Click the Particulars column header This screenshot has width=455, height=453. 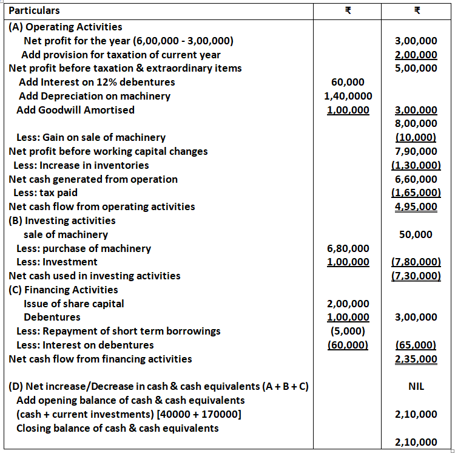point(34,11)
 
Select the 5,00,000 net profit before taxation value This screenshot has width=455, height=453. point(416,68)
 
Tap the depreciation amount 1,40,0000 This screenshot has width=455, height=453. point(348,96)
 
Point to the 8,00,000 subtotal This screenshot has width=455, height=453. point(416,124)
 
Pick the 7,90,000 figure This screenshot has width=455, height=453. point(416,151)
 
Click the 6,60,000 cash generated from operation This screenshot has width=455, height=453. point(416,179)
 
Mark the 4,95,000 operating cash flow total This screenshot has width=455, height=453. point(416,206)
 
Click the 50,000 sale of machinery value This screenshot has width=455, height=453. point(416,234)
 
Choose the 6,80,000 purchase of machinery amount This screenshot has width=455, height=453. point(348,248)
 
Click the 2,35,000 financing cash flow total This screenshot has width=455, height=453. point(416,359)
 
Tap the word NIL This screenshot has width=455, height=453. point(416,387)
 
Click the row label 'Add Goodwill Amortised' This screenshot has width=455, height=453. point(75,110)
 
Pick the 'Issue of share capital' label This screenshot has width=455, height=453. point(73,304)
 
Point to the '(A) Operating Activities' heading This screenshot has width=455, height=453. point(66,27)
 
